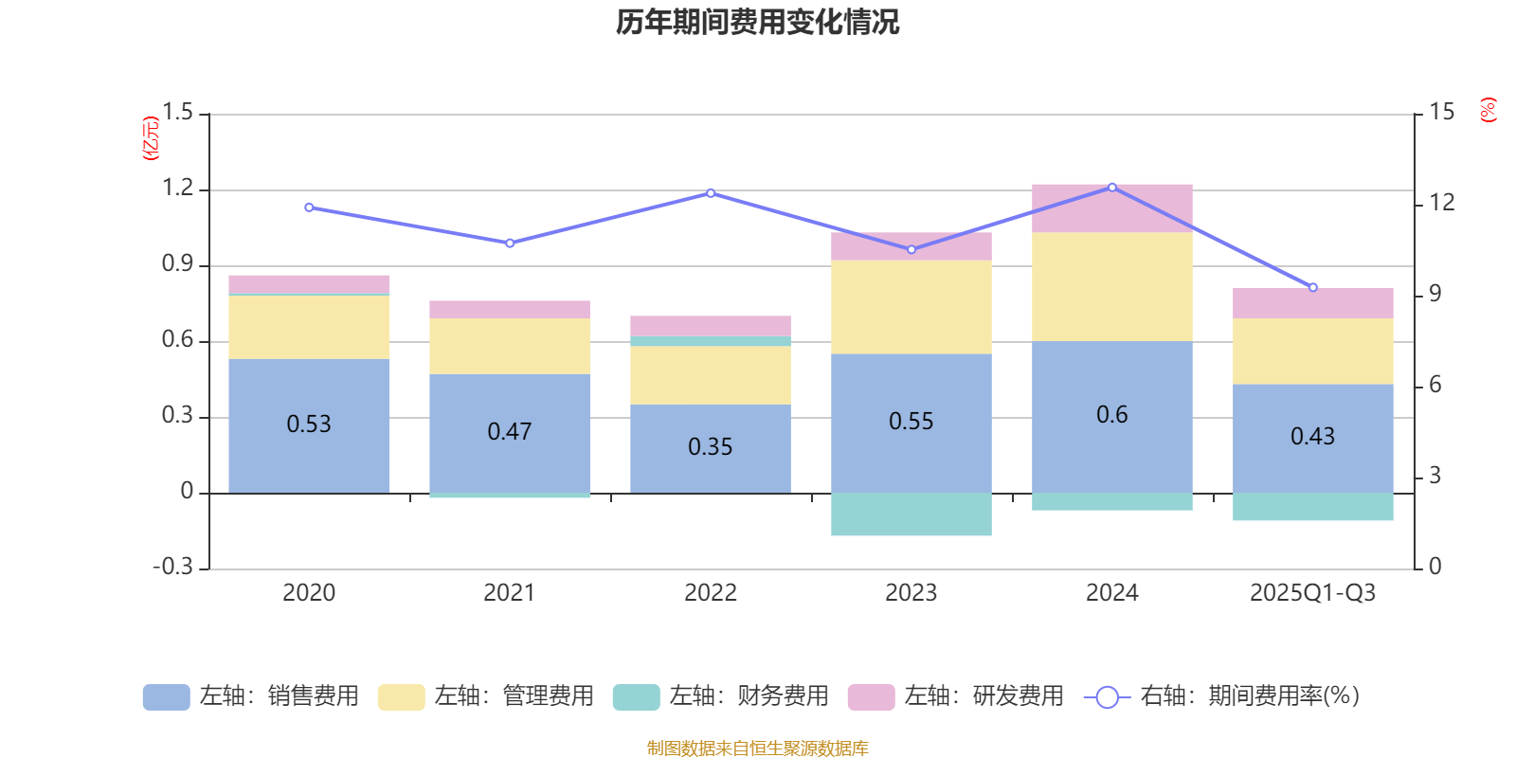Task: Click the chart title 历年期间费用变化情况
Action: tap(757, 22)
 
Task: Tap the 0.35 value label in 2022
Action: tap(710, 446)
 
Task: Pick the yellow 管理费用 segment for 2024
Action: tap(1111, 286)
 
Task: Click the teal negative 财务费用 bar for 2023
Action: tap(911, 514)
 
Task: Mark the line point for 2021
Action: tap(510, 244)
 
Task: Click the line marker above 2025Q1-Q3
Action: tap(1312, 287)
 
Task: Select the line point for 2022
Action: tap(711, 193)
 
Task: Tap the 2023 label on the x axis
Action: tap(911, 593)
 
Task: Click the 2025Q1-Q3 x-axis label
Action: tap(1312, 593)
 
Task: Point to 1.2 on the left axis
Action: tap(177, 189)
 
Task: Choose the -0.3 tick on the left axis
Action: tap(172, 567)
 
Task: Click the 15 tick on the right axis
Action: tap(1441, 112)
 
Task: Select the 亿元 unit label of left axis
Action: tap(150, 138)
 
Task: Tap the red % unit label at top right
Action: tap(1488, 110)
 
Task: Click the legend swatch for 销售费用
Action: tap(166, 697)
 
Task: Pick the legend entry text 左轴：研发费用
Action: tap(983, 696)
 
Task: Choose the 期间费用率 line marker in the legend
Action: tap(1107, 697)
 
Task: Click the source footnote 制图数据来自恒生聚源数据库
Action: tap(757, 749)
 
